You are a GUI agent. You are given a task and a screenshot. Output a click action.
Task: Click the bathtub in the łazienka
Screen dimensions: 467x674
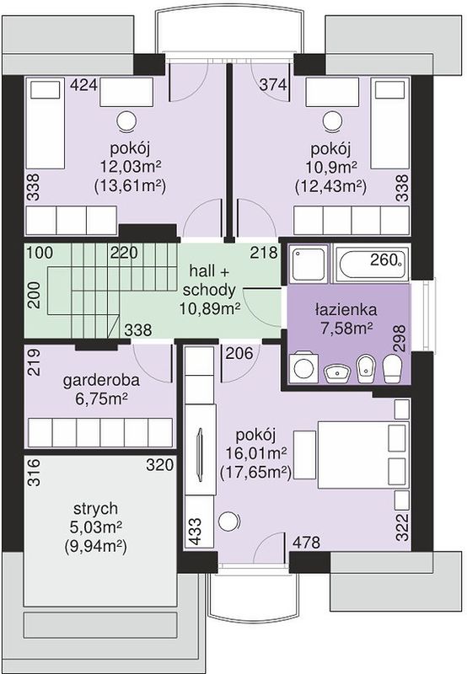point(371,265)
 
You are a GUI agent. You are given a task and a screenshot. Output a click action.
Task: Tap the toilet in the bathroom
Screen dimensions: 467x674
point(392,368)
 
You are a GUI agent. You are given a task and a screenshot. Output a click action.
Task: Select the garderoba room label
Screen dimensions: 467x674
point(101,381)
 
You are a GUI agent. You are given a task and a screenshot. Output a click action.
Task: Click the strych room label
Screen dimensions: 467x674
point(95,509)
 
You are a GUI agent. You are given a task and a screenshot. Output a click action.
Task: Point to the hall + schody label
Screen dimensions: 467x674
point(209,281)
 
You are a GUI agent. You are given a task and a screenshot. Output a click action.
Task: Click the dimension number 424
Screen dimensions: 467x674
point(84,85)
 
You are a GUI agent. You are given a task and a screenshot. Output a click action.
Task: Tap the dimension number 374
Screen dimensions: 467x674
point(273,85)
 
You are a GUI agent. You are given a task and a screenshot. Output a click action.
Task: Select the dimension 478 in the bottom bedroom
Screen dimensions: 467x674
point(306,543)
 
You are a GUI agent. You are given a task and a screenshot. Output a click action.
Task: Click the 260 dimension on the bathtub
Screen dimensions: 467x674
point(384,259)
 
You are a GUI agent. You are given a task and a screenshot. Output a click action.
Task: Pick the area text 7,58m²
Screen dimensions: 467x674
point(346,328)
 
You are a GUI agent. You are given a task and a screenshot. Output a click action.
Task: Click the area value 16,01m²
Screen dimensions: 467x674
point(257,453)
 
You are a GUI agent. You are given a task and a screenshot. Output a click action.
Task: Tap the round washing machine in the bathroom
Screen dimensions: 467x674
point(304,367)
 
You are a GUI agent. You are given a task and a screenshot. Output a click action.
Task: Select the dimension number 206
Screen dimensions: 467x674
point(239,353)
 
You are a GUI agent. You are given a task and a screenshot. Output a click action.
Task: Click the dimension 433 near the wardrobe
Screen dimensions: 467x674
point(195,532)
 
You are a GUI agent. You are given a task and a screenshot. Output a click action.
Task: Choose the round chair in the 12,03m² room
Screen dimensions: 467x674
point(128,120)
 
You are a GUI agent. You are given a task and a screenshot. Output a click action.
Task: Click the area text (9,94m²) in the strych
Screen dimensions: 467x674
point(95,546)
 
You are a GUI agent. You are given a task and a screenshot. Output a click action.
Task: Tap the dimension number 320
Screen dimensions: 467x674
point(160,465)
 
